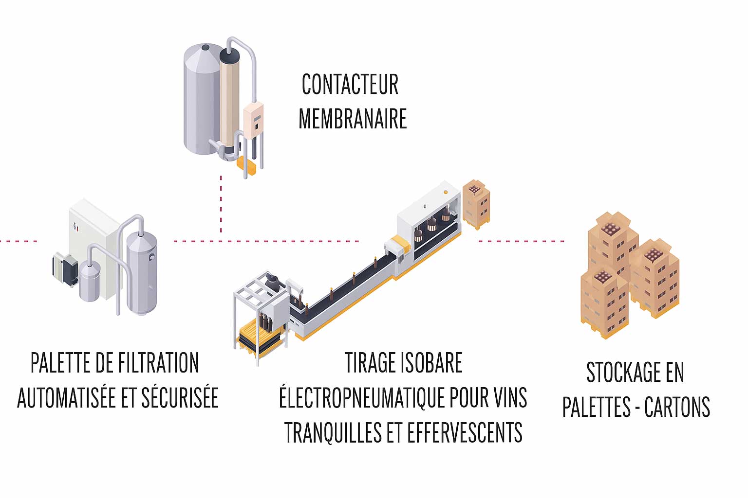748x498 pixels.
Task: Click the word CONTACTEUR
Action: (350, 85)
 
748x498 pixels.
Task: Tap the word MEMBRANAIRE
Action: (353, 119)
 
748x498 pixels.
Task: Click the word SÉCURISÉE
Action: (180, 398)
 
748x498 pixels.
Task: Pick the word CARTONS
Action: (677, 408)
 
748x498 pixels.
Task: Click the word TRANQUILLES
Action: (333, 433)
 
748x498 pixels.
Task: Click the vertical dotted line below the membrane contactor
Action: (221, 204)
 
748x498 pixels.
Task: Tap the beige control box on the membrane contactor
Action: (253, 119)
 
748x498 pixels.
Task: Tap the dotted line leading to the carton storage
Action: (521, 241)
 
